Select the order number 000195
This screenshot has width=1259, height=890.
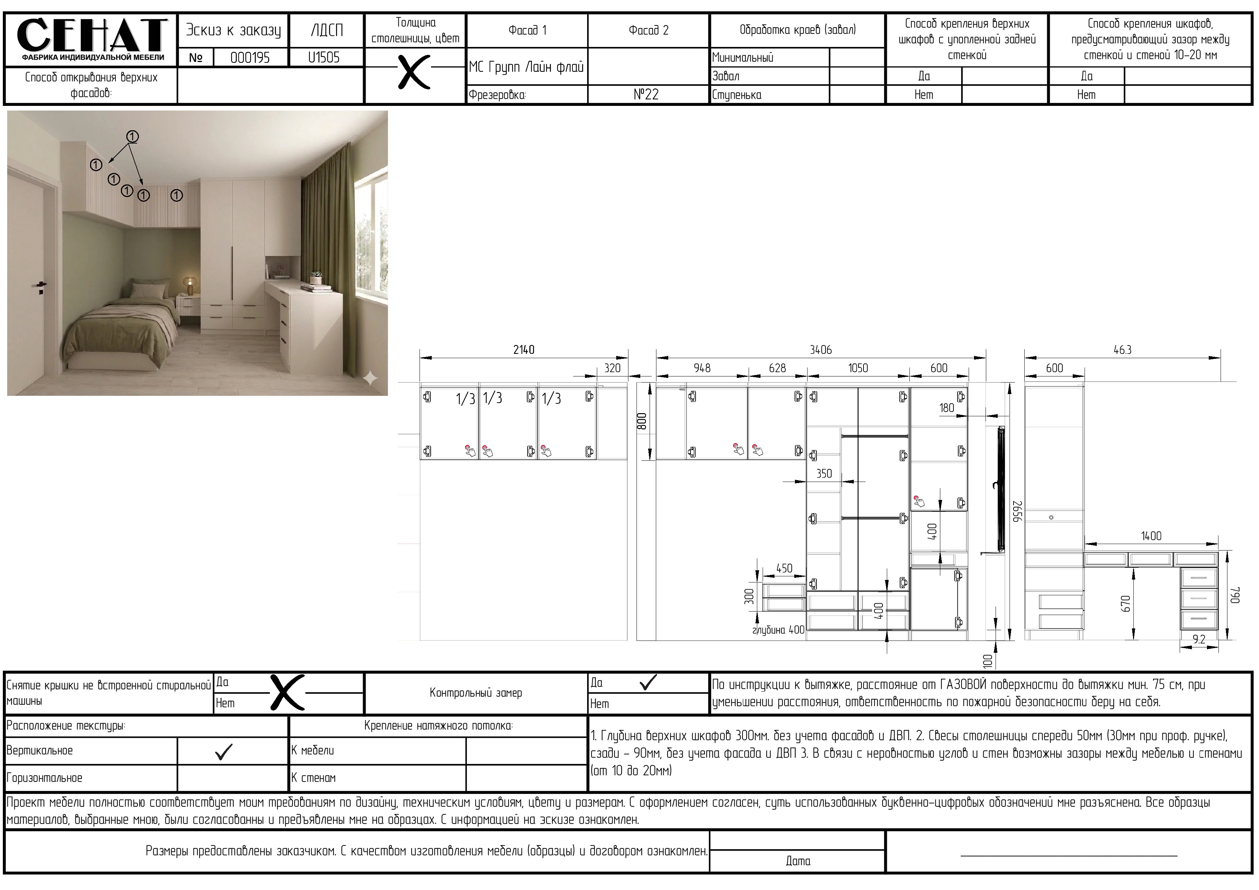(250, 57)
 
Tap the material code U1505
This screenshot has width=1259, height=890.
(324, 57)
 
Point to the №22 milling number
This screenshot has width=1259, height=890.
(646, 94)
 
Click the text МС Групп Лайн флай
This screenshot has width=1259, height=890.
(526, 67)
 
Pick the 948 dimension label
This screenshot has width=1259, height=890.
(702, 368)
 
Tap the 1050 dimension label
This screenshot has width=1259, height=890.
(858, 368)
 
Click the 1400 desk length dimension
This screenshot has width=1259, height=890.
(1151, 536)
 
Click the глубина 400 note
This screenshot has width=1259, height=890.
(778, 630)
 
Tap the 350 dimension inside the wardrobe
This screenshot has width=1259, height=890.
(824, 473)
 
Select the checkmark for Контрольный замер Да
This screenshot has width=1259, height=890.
(648, 682)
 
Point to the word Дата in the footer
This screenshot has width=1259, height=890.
(798, 861)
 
